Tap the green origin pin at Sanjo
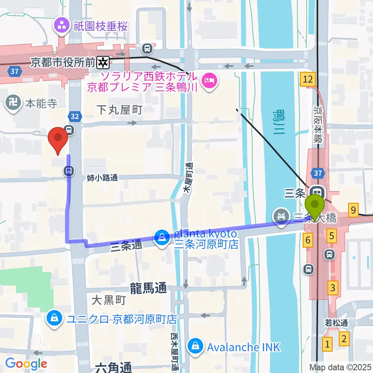(315, 207)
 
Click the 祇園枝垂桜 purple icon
(61, 26)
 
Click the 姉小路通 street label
(102, 178)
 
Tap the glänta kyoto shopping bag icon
(161, 237)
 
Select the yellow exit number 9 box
(353, 210)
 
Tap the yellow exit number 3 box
(333, 288)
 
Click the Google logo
(26, 364)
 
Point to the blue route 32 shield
(75, 116)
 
